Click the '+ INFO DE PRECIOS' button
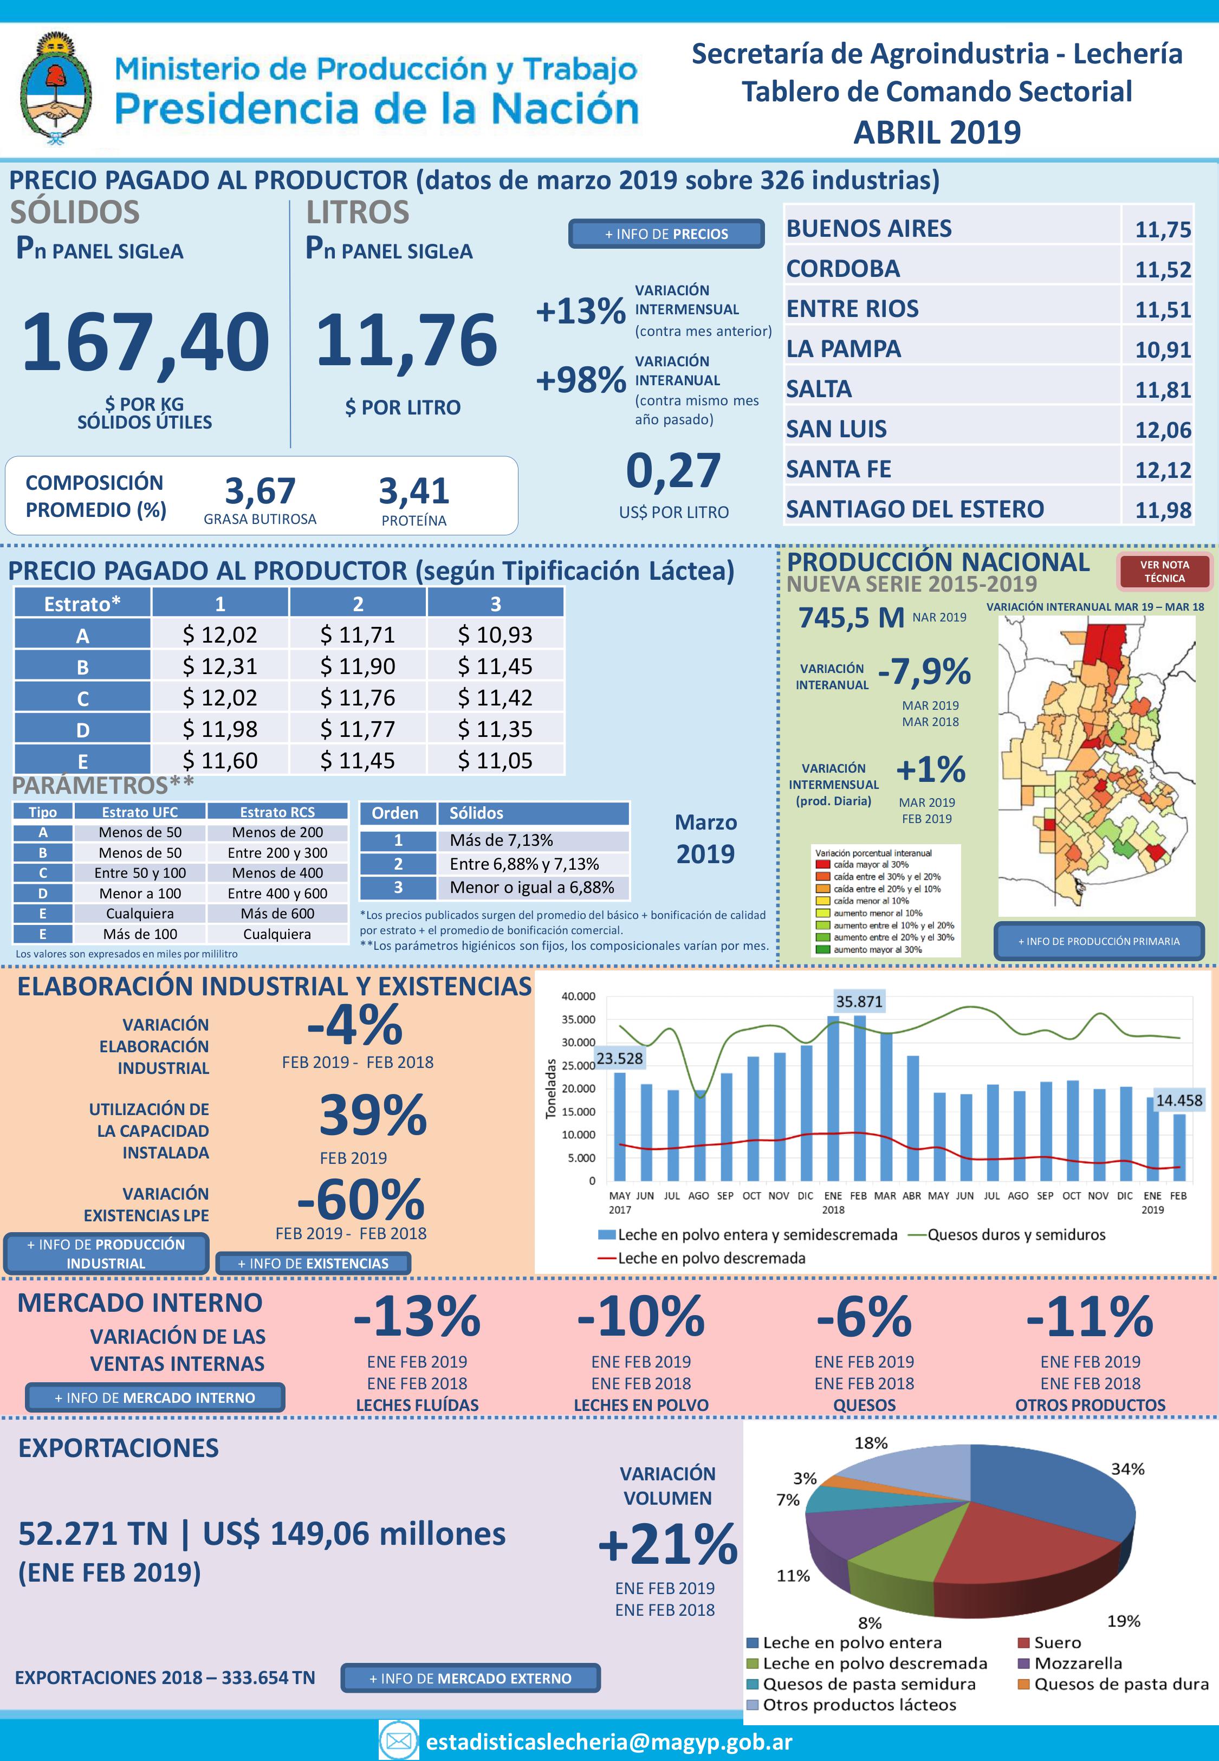[x=666, y=234]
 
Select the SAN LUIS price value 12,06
[x=1163, y=430]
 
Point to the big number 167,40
[x=145, y=341]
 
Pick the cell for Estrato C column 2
[x=358, y=698]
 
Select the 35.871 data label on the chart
[x=859, y=1001]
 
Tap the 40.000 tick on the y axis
[x=578, y=996]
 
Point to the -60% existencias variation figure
[x=360, y=1200]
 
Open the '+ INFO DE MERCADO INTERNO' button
[x=154, y=1397]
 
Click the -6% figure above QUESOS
[x=864, y=1316]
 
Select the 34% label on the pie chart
[x=1127, y=1468]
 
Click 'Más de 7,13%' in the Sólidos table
[x=501, y=840]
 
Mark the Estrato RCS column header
[x=277, y=812]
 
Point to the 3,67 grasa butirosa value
[x=260, y=491]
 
